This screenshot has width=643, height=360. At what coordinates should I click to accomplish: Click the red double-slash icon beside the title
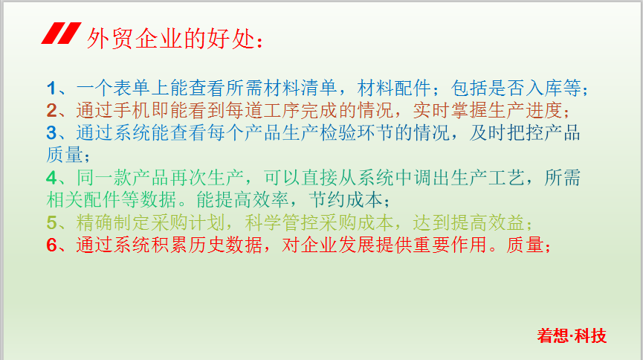61,33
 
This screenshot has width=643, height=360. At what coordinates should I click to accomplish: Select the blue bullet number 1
51,88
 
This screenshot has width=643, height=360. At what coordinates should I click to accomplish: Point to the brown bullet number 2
52,110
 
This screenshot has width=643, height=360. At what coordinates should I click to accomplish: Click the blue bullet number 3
52,132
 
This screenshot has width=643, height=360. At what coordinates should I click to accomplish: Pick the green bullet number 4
52,177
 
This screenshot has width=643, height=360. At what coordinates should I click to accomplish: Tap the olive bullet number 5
52,222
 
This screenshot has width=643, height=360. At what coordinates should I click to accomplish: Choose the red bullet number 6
52,245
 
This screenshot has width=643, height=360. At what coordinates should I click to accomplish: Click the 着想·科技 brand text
572,335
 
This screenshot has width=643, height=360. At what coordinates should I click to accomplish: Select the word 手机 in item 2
132,110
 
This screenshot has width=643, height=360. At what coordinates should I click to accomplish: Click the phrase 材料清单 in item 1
300,88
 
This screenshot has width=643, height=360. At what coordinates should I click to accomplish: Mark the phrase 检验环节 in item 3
356,132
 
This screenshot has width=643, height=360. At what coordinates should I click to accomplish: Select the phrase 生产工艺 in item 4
488,177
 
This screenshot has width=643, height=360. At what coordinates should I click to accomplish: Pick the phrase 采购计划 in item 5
188,222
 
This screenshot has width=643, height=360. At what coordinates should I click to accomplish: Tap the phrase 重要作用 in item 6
450,245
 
